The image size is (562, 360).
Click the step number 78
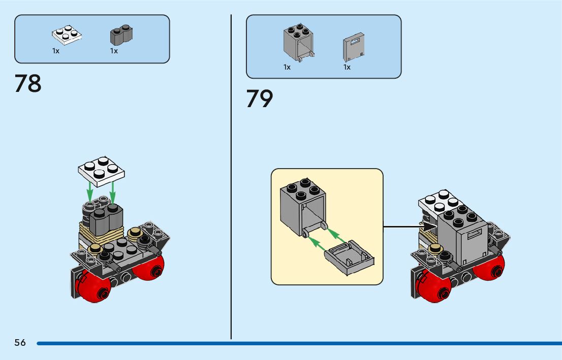pyautogui.click(x=28, y=84)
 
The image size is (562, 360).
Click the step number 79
pyautogui.click(x=260, y=99)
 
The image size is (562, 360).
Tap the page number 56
pyautogui.click(x=20, y=343)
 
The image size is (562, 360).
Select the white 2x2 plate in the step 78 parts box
pyautogui.click(x=67, y=35)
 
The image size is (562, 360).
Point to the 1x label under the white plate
pyautogui.click(x=56, y=51)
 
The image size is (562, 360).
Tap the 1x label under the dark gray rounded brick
pyautogui.click(x=114, y=51)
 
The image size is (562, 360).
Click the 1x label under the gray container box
pyautogui.click(x=287, y=67)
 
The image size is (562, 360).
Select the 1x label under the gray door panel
pyautogui.click(x=347, y=67)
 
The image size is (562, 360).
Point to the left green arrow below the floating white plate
pyautogui.click(x=90, y=191)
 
